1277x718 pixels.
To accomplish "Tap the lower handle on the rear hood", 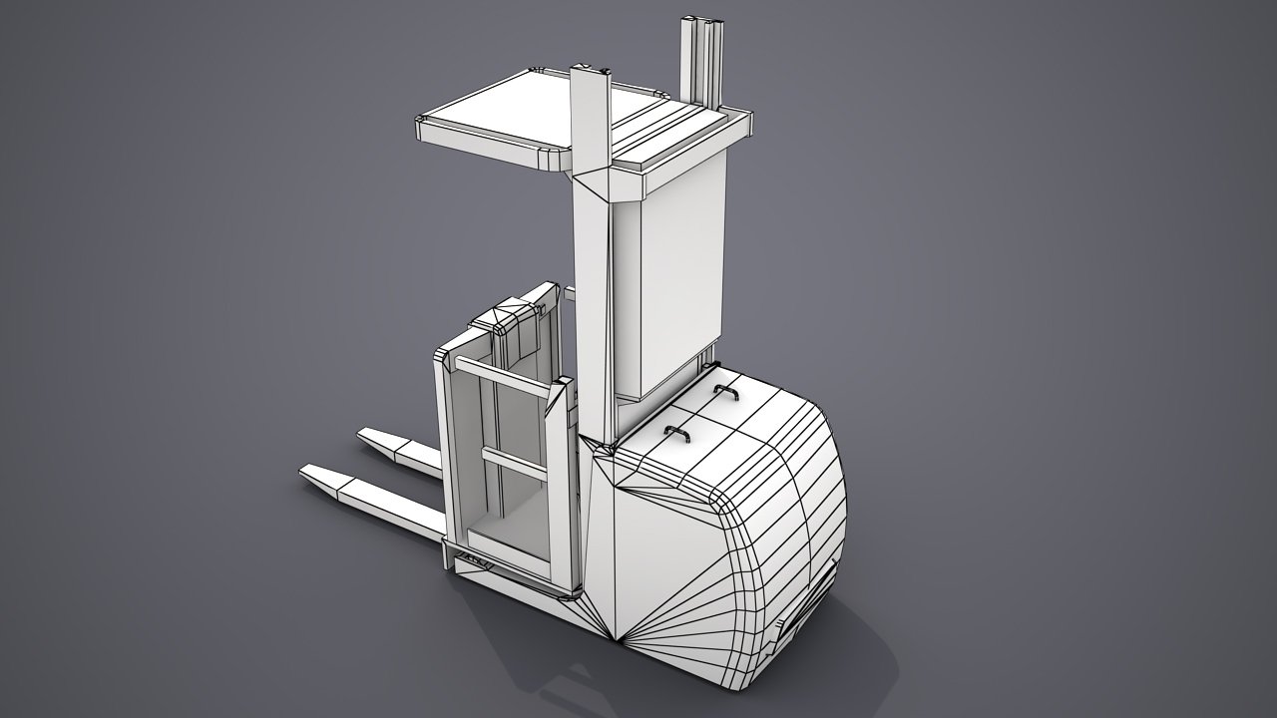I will tap(678, 434).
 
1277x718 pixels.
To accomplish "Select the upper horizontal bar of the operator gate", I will tap(504, 380).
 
